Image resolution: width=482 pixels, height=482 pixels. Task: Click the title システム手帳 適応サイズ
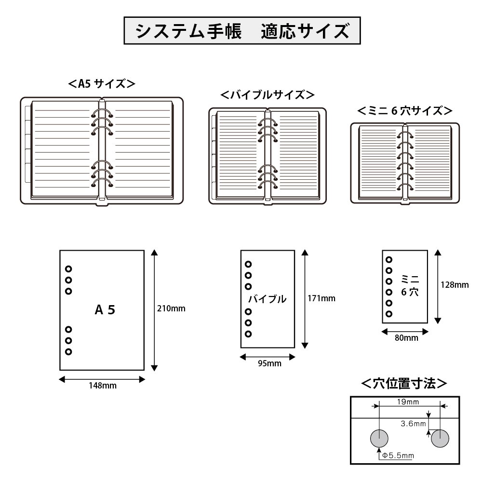click(241, 31)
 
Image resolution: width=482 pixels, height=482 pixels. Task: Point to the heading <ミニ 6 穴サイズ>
click(404, 111)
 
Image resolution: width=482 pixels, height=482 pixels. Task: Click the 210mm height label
click(172, 308)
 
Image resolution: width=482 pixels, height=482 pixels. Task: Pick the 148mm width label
click(102, 386)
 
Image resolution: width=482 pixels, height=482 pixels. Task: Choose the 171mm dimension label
click(321, 298)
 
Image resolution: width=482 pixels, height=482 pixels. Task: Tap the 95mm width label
click(268, 363)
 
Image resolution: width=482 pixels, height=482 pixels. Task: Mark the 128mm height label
click(454, 284)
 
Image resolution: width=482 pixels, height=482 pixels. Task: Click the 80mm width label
click(405, 337)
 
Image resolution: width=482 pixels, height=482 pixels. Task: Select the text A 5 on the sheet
click(105, 310)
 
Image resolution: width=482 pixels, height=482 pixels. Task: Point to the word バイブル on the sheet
click(267, 299)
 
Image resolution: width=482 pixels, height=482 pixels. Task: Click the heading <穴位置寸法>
click(404, 384)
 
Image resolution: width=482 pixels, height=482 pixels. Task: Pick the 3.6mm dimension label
click(413, 424)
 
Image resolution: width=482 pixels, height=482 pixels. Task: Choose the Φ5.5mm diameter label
click(398, 455)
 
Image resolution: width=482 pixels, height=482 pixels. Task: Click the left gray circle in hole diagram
click(379, 438)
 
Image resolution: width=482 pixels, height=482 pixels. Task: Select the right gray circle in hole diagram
click(440, 438)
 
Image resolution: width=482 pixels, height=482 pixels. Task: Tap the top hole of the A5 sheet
click(68, 268)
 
